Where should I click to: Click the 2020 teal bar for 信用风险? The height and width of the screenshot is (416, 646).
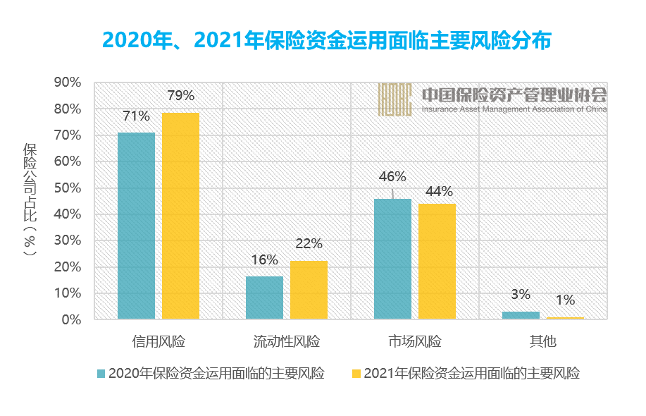(x=136, y=226)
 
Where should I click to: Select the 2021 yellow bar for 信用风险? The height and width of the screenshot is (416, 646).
(x=180, y=216)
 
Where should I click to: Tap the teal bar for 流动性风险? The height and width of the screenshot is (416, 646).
(x=264, y=298)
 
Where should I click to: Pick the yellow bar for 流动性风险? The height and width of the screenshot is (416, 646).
(x=309, y=290)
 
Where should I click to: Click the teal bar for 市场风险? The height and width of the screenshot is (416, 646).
(x=392, y=259)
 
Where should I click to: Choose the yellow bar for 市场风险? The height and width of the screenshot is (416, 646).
(x=437, y=262)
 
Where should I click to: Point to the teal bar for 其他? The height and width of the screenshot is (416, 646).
(x=521, y=315)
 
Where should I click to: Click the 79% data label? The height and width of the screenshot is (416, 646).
(x=180, y=95)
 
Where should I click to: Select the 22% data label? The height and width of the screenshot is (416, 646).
(x=309, y=244)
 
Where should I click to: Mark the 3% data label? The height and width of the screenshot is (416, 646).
(x=521, y=294)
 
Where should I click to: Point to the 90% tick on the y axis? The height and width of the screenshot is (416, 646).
(x=68, y=82)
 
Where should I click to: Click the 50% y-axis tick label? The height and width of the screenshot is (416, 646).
(x=68, y=188)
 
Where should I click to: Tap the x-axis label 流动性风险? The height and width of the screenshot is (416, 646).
(x=287, y=342)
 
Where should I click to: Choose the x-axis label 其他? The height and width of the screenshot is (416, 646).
(x=543, y=342)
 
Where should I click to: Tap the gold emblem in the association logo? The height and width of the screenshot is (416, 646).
(x=395, y=99)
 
